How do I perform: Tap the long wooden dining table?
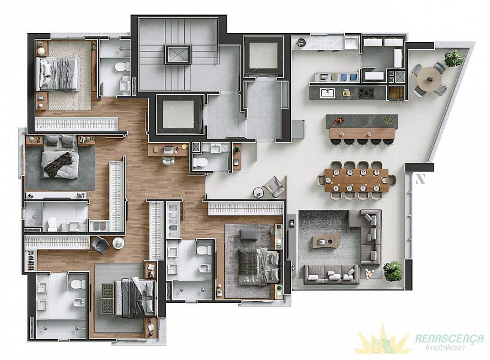(x=357, y=181)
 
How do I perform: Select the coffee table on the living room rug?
(x=326, y=241)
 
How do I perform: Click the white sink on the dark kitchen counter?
(x=327, y=93)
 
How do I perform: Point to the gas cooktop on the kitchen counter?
(x=366, y=93)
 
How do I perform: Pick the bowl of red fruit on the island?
(x=339, y=120)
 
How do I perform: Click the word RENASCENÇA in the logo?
(x=450, y=338)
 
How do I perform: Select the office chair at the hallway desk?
(x=169, y=161)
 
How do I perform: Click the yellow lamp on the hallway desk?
(x=184, y=146)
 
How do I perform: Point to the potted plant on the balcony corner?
(x=453, y=58)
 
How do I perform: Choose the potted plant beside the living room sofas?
(x=392, y=271)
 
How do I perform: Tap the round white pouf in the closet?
(x=118, y=243)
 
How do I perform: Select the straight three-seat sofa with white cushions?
(x=331, y=275)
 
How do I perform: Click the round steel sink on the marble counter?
(x=301, y=43)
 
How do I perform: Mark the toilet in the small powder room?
(x=200, y=162)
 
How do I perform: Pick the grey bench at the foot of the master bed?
(x=248, y=235)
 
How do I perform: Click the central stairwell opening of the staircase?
(x=178, y=55)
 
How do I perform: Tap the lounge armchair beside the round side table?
(x=274, y=187)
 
